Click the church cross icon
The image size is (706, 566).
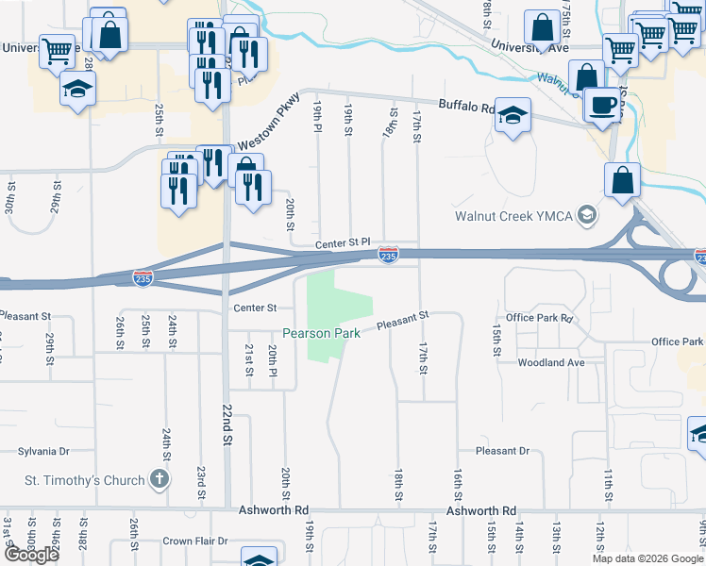click(160, 480)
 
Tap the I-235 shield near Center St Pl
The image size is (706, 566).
click(387, 255)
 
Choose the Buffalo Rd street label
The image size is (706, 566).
click(466, 107)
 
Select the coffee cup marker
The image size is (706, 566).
click(600, 104)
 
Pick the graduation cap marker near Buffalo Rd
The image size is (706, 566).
click(513, 116)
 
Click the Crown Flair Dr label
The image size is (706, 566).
click(195, 541)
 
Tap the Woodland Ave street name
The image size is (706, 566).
click(551, 362)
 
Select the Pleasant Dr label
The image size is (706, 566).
click(503, 451)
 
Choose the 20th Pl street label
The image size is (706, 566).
click(272, 359)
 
